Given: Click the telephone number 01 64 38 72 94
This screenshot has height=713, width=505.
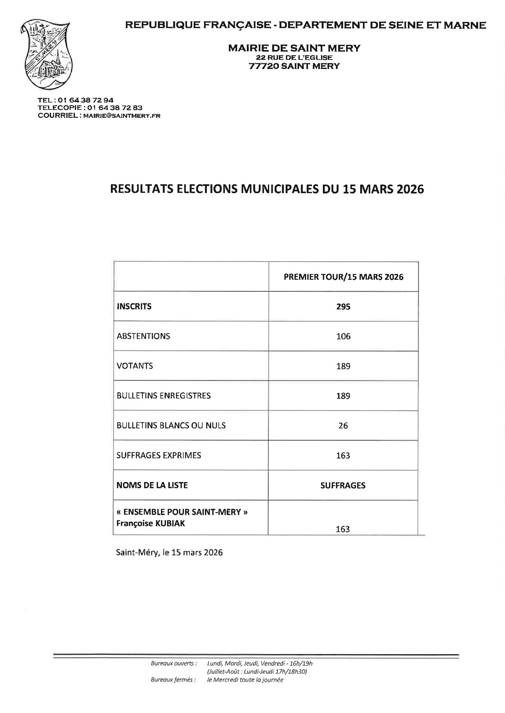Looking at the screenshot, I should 86,100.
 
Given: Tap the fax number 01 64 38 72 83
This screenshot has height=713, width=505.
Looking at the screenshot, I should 115,108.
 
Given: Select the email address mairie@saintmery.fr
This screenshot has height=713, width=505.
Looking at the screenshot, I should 122,115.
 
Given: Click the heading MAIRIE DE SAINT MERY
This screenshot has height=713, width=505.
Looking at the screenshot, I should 294,48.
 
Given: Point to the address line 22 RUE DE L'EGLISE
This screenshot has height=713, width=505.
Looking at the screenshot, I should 294,58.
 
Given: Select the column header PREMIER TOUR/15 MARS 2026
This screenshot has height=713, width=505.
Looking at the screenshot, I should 343,277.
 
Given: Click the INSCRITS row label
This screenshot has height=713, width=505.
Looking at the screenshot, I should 134,306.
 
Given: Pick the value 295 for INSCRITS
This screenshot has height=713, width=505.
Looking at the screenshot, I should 343,307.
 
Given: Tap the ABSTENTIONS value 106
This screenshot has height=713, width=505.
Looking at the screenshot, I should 343,336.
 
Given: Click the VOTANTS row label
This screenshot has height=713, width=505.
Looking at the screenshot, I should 135,366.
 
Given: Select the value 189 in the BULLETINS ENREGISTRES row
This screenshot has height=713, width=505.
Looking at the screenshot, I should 343,396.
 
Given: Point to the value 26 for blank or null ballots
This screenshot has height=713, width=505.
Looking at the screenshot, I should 343,426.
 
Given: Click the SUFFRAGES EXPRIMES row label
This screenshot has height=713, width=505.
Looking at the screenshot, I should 159,455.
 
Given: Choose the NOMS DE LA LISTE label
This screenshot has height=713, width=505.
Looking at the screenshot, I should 152,485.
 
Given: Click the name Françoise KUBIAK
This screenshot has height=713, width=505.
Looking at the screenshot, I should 151,523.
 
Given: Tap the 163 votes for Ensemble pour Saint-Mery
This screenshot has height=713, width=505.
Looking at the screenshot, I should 343,529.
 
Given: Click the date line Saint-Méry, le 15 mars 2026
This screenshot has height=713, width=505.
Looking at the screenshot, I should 169,552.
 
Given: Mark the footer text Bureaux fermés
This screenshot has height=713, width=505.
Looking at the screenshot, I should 173,679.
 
